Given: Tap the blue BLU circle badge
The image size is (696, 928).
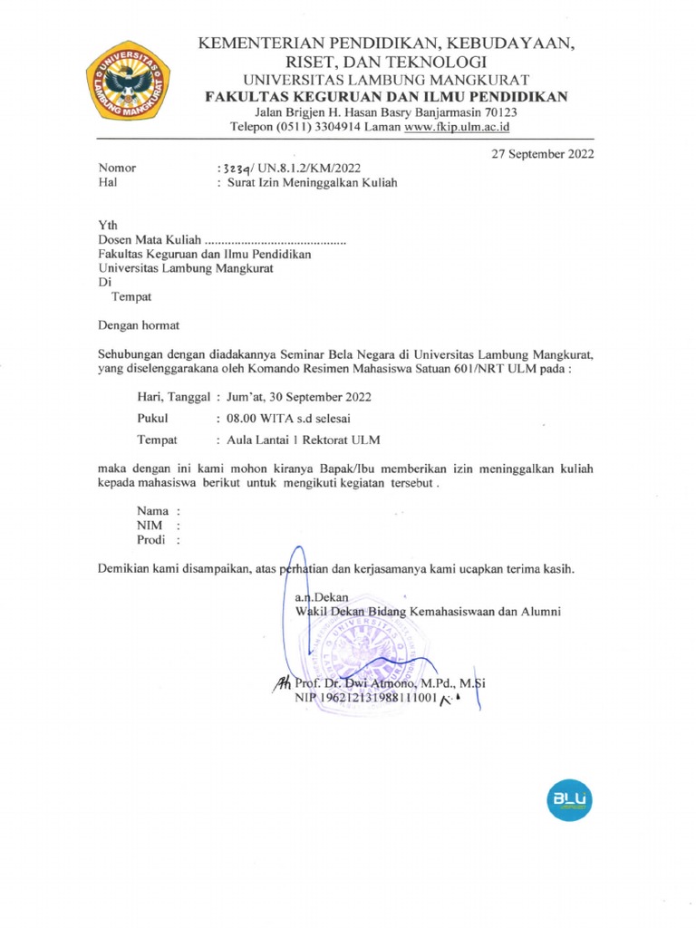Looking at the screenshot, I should point(568,799).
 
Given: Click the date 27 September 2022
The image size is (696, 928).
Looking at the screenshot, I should point(543,154).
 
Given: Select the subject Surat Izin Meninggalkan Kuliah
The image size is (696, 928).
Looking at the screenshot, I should point(312,182).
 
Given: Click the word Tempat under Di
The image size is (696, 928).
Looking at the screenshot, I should point(130,296).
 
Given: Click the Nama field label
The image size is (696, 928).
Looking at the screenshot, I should point(152,511).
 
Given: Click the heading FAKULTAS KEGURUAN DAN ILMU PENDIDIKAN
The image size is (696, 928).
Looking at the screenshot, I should point(386,96).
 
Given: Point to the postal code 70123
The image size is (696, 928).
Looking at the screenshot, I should point(500,112).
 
